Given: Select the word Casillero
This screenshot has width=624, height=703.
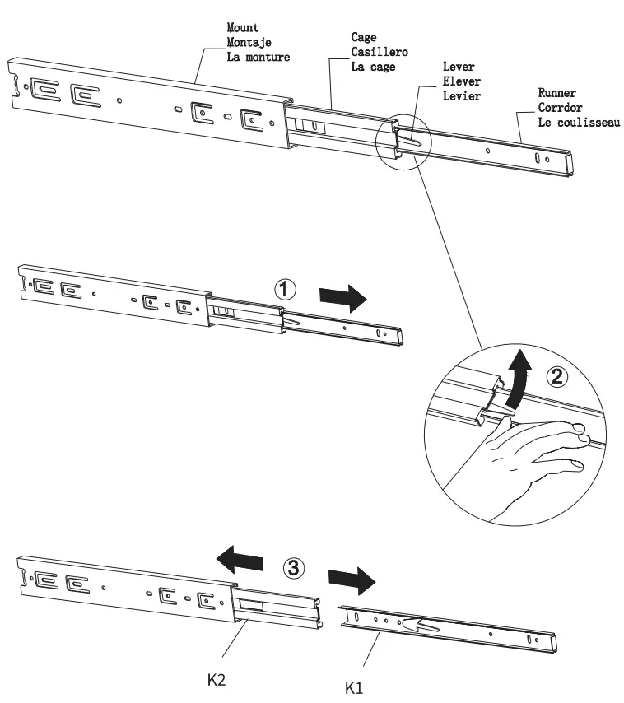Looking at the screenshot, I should (380, 52).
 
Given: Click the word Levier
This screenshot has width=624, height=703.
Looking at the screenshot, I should (462, 96).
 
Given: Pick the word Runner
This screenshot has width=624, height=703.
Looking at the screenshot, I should (556, 94).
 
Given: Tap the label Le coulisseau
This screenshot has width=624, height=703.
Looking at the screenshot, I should (579, 123).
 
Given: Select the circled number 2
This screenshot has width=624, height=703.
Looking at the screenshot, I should (556, 377).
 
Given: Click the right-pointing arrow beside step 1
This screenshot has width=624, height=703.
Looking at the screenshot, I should (341, 298).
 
